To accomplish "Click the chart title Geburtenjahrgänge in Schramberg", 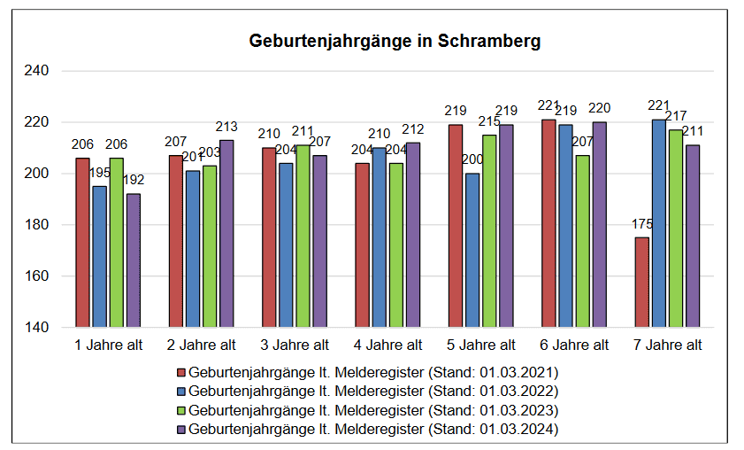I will (x=395, y=42).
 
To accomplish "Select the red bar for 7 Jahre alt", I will (x=641, y=282).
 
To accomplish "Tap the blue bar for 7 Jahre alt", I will (x=658, y=223).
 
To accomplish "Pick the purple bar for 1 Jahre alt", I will (x=133, y=260).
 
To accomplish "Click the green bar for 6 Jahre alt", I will (x=583, y=241).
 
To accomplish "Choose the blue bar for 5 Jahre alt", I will (x=472, y=250).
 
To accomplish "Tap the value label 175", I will (x=641, y=224).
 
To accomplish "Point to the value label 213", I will (x=227, y=128).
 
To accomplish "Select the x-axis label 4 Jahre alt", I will (x=388, y=345).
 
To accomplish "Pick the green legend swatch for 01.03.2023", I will (x=181, y=411).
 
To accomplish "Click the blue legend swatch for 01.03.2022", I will (x=181, y=392).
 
